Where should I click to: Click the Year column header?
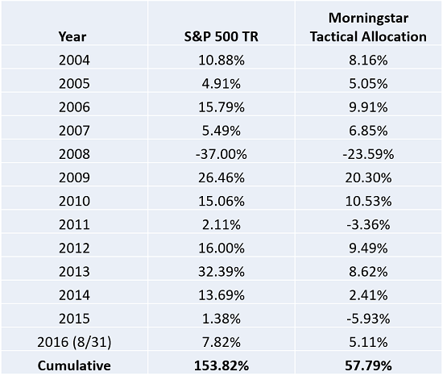coord(72,37)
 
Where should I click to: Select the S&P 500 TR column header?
coord(221,37)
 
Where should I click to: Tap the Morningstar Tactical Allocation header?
coord(368,27)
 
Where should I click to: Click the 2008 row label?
coord(74,154)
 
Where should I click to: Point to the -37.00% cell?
coord(221,154)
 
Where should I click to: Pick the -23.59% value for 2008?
coord(368,154)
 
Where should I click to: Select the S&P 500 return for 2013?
coord(221,272)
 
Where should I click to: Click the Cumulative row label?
coord(74,365)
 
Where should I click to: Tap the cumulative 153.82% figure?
coord(221,365)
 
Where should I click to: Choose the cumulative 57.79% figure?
coord(368,365)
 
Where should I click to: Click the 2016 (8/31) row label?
coord(74,342)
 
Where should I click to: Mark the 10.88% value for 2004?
coord(221,61)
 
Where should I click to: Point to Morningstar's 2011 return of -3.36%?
coord(368,225)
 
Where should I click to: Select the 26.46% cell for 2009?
coord(221,177)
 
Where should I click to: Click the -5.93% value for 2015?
coord(368,319)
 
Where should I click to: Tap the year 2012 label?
coord(74,248)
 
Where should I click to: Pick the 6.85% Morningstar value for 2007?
coord(368,131)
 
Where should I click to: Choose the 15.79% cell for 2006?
coord(221,107)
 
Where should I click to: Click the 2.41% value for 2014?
coord(368,295)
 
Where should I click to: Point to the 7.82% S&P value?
coord(221,342)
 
